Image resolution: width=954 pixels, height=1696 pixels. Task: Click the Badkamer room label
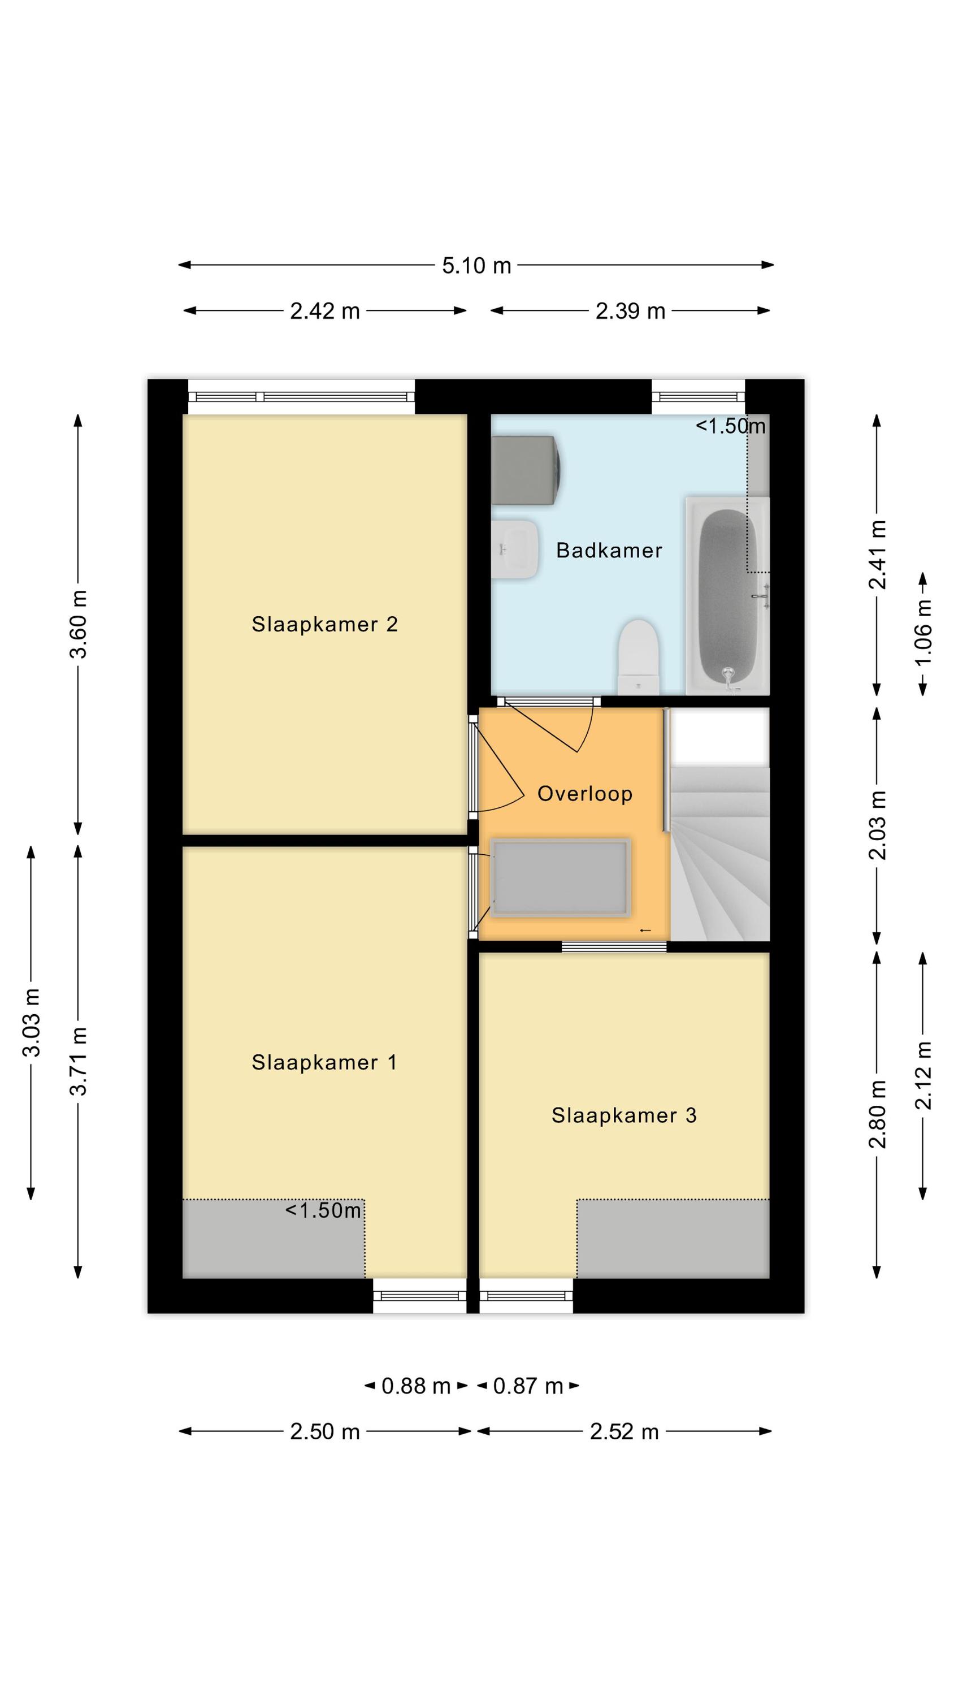(x=609, y=551)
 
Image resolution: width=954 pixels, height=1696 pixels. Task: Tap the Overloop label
(x=584, y=794)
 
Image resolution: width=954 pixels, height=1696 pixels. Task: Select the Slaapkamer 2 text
(x=324, y=624)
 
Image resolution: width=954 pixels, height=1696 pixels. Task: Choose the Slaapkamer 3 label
(x=624, y=1115)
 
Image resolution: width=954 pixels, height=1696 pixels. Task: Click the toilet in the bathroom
(x=638, y=656)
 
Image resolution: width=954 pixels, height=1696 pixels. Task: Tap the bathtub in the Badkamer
(x=727, y=596)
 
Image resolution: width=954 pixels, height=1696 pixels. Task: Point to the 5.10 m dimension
(x=476, y=266)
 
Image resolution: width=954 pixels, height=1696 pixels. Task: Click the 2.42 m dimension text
(x=325, y=311)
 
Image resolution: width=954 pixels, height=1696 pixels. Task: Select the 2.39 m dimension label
(x=630, y=311)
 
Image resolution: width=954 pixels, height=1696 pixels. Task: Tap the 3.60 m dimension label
(x=79, y=624)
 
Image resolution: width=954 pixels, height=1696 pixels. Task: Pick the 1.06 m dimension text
(x=923, y=631)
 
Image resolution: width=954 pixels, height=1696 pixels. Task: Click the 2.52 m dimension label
(x=624, y=1432)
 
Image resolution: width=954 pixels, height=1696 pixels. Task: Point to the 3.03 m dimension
(x=31, y=1023)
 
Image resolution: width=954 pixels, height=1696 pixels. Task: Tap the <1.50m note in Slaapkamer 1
(x=323, y=1211)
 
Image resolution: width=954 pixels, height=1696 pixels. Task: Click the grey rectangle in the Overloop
(x=560, y=877)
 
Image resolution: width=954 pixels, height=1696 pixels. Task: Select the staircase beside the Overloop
(x=719, y=853)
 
